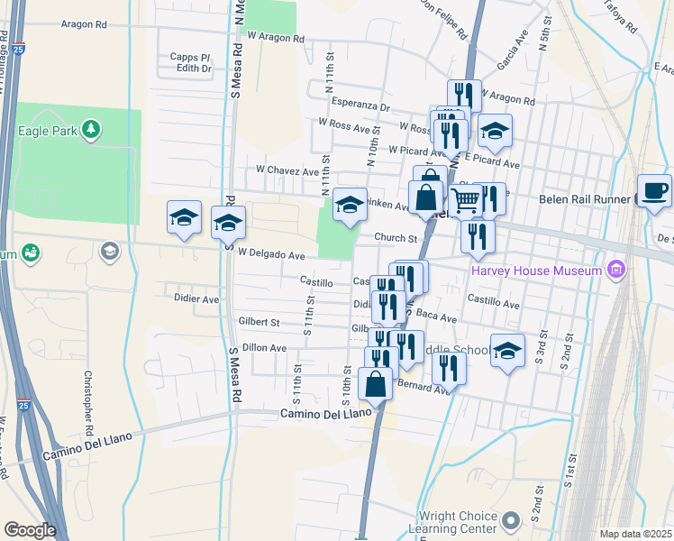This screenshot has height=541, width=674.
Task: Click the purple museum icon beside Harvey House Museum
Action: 617,269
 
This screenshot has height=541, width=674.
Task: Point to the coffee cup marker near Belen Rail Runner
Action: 654,190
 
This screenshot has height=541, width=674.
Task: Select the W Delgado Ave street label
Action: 270,255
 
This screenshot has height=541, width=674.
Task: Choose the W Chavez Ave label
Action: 287,170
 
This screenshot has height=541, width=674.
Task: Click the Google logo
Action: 30,529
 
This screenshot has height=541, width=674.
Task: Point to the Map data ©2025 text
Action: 634,534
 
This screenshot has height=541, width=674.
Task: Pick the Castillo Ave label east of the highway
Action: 494,305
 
